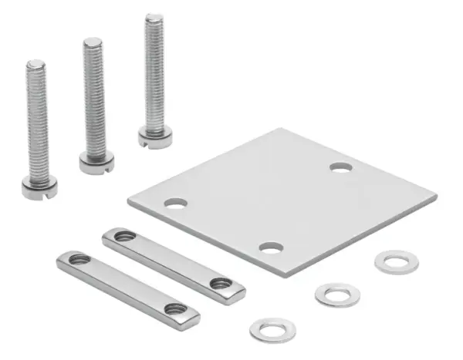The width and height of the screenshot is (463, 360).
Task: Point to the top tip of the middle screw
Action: coord(93,42)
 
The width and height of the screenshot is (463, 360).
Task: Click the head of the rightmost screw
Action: coord(155,136)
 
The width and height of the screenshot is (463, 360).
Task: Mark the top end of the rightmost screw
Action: coord(154,18)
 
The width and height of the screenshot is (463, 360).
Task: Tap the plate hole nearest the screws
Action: coord(176,204)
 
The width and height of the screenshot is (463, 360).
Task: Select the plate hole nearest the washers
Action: coord(271,247)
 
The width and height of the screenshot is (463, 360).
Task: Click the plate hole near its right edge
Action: coord(340,167)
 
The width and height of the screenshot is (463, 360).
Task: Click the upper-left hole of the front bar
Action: coord(79,259)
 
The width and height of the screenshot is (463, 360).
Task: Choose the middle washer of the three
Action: coord(337,294)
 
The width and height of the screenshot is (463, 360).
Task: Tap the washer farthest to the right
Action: coord(397,261)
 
